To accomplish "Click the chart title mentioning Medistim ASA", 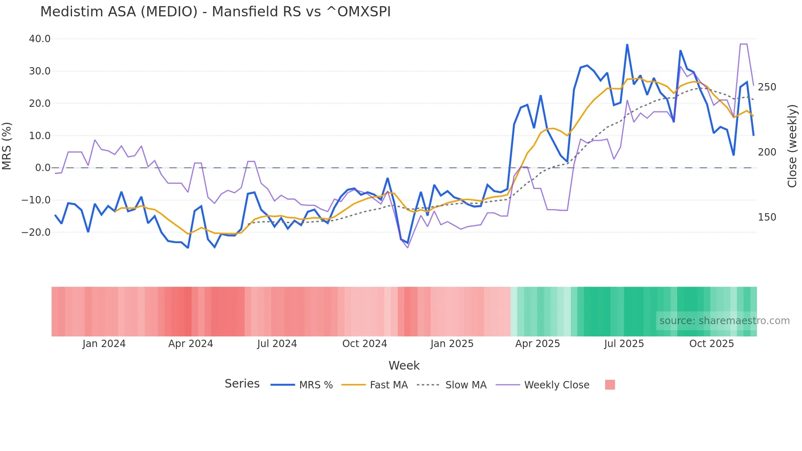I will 215,12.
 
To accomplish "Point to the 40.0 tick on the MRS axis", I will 40,39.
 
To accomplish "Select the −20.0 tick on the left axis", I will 36,232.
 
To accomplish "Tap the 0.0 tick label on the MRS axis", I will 43,168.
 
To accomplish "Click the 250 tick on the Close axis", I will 767,87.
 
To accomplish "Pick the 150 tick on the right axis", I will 767,217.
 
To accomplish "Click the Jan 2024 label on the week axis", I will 104,344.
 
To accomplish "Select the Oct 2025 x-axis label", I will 711,344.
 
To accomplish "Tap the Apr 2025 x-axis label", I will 537,344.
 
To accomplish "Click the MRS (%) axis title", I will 7,146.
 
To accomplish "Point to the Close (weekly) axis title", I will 792,146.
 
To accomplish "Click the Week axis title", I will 404,365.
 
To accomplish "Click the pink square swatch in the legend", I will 610,385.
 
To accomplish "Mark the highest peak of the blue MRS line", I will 627,45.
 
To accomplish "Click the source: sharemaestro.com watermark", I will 724,321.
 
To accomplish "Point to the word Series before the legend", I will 242,384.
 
